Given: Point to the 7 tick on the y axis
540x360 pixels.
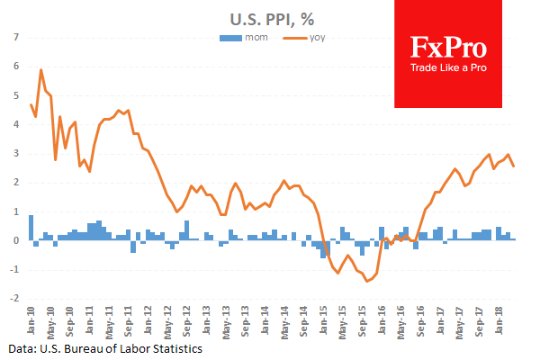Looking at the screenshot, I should point(14,37).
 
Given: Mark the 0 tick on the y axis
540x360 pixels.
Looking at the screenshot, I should point(14,240).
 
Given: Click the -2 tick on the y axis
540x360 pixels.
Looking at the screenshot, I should point(12,299).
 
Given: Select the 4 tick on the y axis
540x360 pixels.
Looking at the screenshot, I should point(14,124).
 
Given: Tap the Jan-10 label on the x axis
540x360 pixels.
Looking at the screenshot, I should point(31,318).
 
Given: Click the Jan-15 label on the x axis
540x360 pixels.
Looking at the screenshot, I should point(324,318).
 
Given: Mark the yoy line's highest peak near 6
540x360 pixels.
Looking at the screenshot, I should point(41,70).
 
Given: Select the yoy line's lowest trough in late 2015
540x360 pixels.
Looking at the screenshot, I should point(367,281).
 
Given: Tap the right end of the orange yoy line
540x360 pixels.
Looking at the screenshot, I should point(514,166).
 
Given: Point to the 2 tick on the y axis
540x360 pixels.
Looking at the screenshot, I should point(14,182).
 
